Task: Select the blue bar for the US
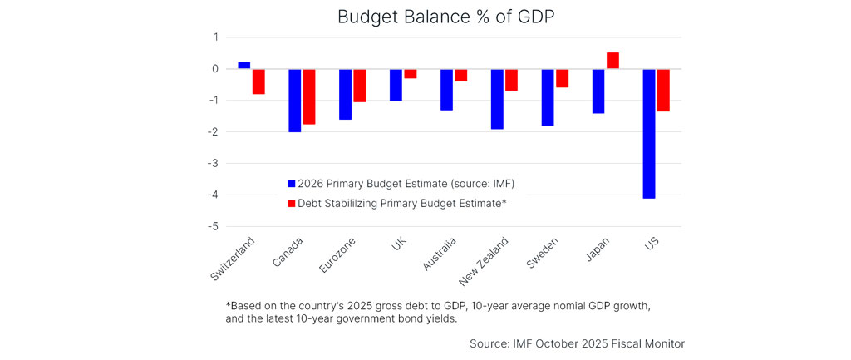click(x=648, y=133)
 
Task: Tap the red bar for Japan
click(x=612, y=60)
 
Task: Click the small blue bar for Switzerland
click(x=243, y=65)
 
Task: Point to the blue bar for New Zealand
click(x=497, y=99)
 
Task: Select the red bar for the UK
click(x=411, y=73)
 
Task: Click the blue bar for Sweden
click(x=548, y=97)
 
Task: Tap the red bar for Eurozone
click(x=360, y=86)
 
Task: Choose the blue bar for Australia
click(x=446, y=89)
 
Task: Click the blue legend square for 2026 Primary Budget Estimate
click(x=291, y=184)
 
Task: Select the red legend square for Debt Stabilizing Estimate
click(x=291, y=203)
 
